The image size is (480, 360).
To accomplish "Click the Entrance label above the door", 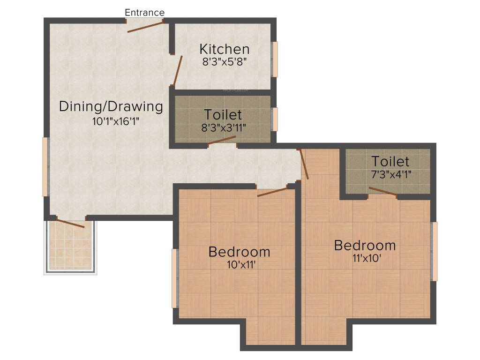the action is tap(144, 13).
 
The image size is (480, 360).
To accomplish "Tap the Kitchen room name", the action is tap(225, 49).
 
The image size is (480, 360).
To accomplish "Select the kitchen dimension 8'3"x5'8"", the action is tap(225, 62).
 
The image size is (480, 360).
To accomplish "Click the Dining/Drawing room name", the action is tap(111, 106).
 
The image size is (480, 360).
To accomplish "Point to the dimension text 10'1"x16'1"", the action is tap(116, 121).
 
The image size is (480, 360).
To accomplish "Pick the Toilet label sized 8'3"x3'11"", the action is tap(223, 114).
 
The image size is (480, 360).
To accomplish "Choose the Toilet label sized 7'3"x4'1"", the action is tap(390, 161).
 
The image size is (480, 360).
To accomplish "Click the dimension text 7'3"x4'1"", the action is tap(391, 174).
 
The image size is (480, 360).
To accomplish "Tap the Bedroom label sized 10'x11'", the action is tap(240, 252).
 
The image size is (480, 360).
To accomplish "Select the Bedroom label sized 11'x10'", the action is tap(365, 245).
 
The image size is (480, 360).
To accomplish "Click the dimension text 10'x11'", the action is tap(241, 264).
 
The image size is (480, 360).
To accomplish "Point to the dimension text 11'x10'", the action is tap(367, 258).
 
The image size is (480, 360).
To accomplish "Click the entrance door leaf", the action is tap(145, 27).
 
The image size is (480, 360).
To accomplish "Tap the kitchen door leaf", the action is tap(178, 71).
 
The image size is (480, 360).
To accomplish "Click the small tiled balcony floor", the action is tap(70, 245).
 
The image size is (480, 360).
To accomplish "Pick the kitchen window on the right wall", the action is tap(275, 59).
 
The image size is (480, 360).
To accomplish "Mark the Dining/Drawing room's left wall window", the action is tap(45, 166).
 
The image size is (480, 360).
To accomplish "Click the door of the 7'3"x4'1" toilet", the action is tap(383, 191).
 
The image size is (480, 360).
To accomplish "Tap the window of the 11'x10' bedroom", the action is tap(435, 251).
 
